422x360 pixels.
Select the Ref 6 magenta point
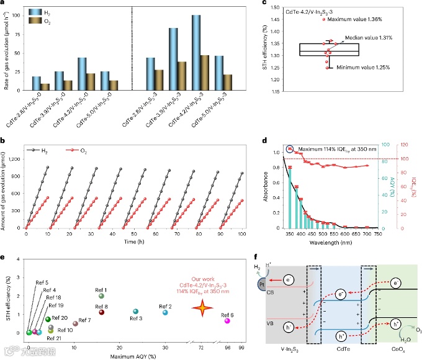pyautogui.click(x=227, y=321)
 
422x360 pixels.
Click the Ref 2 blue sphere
pyautogui.click(x=165, y=312)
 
